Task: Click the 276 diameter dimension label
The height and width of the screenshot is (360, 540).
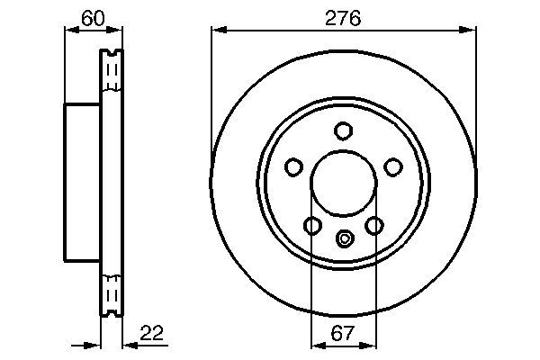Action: click(x=343, y=17)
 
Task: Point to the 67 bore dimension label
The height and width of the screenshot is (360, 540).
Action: click(x=343, y=332)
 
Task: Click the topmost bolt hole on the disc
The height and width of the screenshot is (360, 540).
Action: click(x=343, y=130)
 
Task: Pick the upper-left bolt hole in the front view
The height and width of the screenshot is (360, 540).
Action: click(x=292, y=166)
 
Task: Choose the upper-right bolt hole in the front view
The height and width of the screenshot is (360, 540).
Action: click(x=393, y=166)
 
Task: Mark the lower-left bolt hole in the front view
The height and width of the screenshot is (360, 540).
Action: click(x=311, y=225)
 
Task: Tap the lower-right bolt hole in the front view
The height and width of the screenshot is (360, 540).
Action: click(x=374, y=225)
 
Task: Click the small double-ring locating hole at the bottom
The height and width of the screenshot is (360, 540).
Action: click(x=343, y=238)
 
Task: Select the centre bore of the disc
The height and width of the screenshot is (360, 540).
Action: click(x=343, y=184)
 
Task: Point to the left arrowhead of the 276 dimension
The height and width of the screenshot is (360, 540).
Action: click(x=217, y=30)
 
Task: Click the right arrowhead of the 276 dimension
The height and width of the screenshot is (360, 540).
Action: click(x=469, y=30)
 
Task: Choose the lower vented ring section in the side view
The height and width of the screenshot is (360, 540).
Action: click(x=112, y=292)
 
